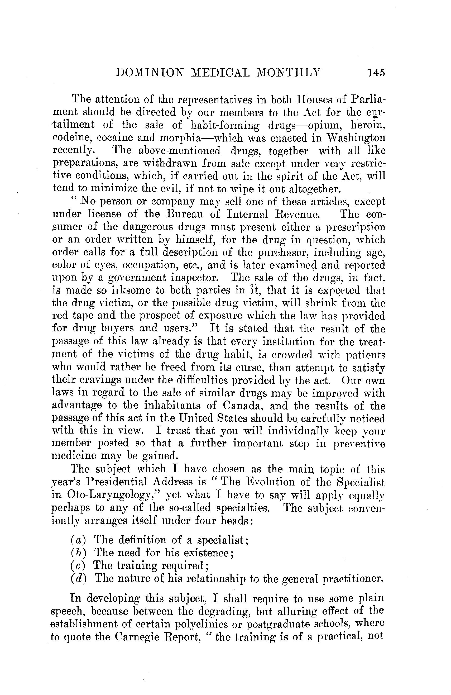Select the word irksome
pyautogui.click(x=136, y=290)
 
